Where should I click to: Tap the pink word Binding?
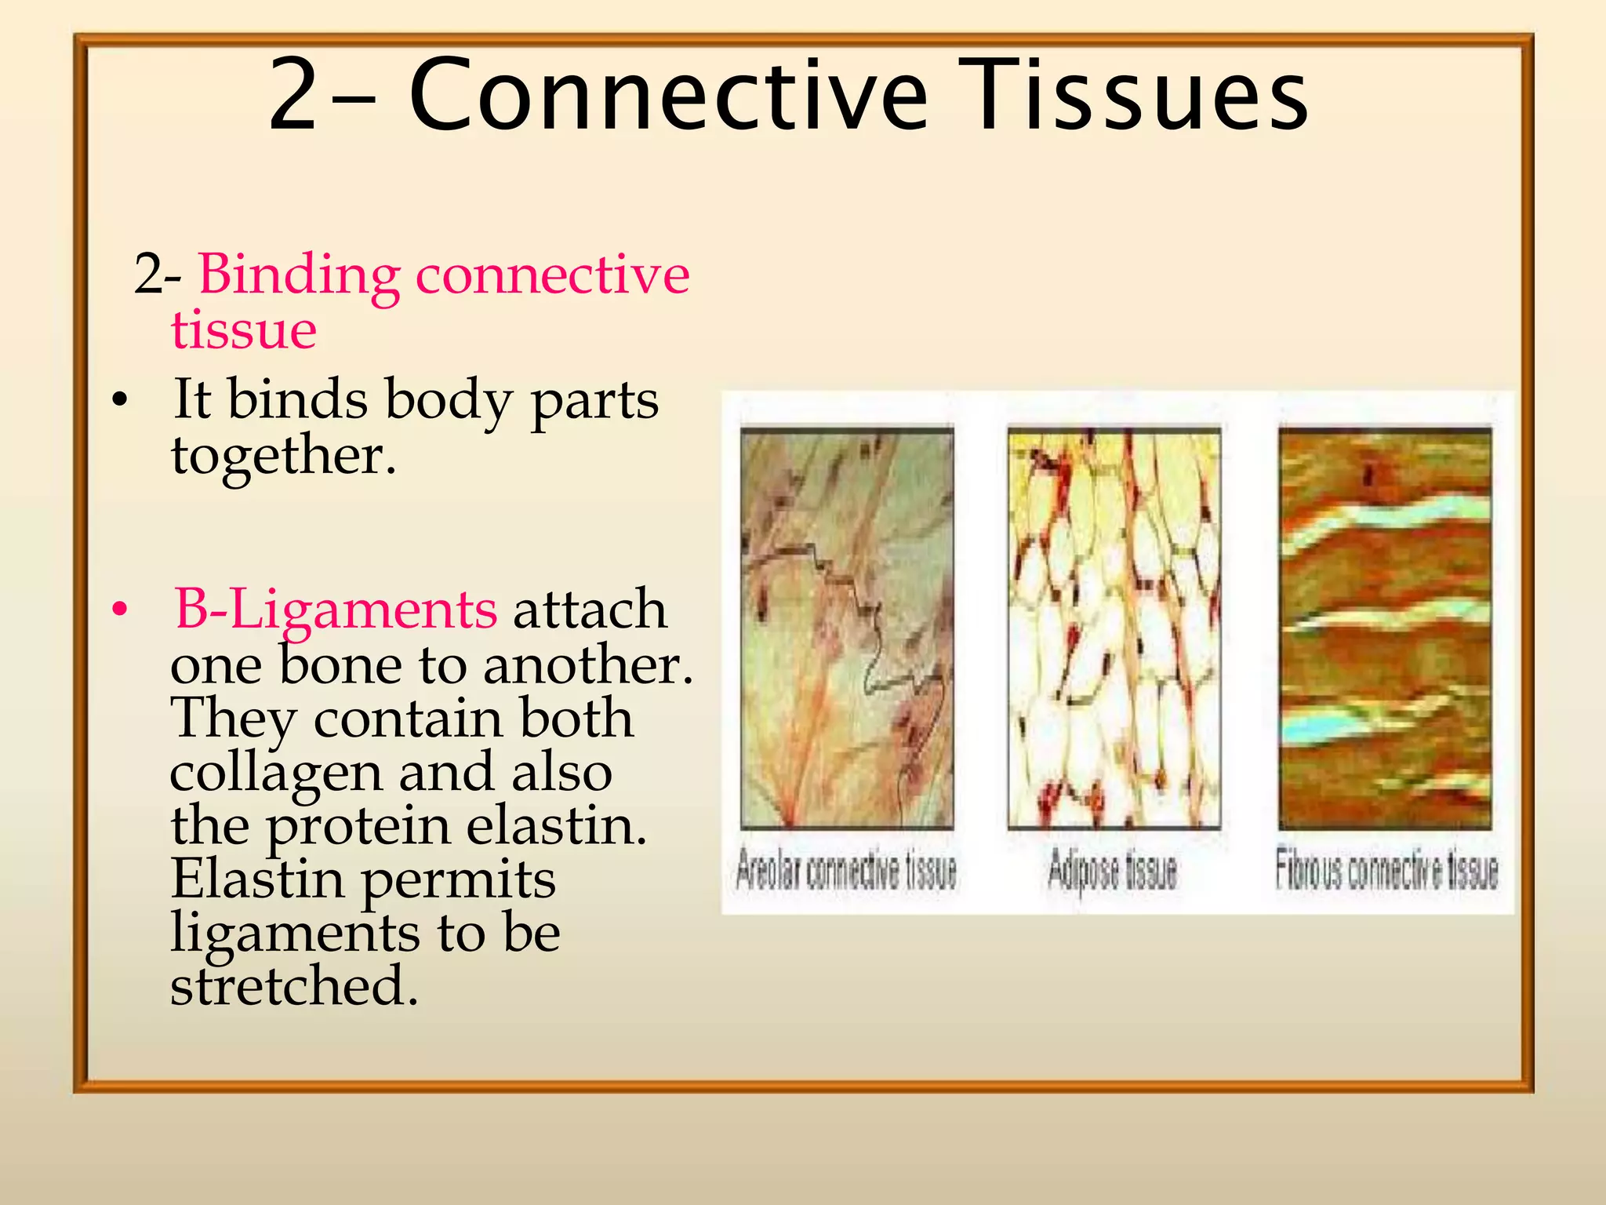click(299, 276)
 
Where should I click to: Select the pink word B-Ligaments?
click(336, 610)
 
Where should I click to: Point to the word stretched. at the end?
click(294, 986)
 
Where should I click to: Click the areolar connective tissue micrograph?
click(847, 628)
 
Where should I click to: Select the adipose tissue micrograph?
click(1114, 628)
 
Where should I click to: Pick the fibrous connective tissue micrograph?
click(1385, 628)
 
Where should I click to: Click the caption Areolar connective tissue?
click(846, 871)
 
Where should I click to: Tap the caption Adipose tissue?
click(1113, 871)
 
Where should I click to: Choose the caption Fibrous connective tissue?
click(1386, 871)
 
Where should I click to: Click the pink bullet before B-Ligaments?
click(119, 610)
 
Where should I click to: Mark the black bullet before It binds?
click(119, 401)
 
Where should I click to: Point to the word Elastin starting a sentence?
click(257, 879)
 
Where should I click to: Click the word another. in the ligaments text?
click(588, 665)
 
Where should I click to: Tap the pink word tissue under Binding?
click(244, 329)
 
